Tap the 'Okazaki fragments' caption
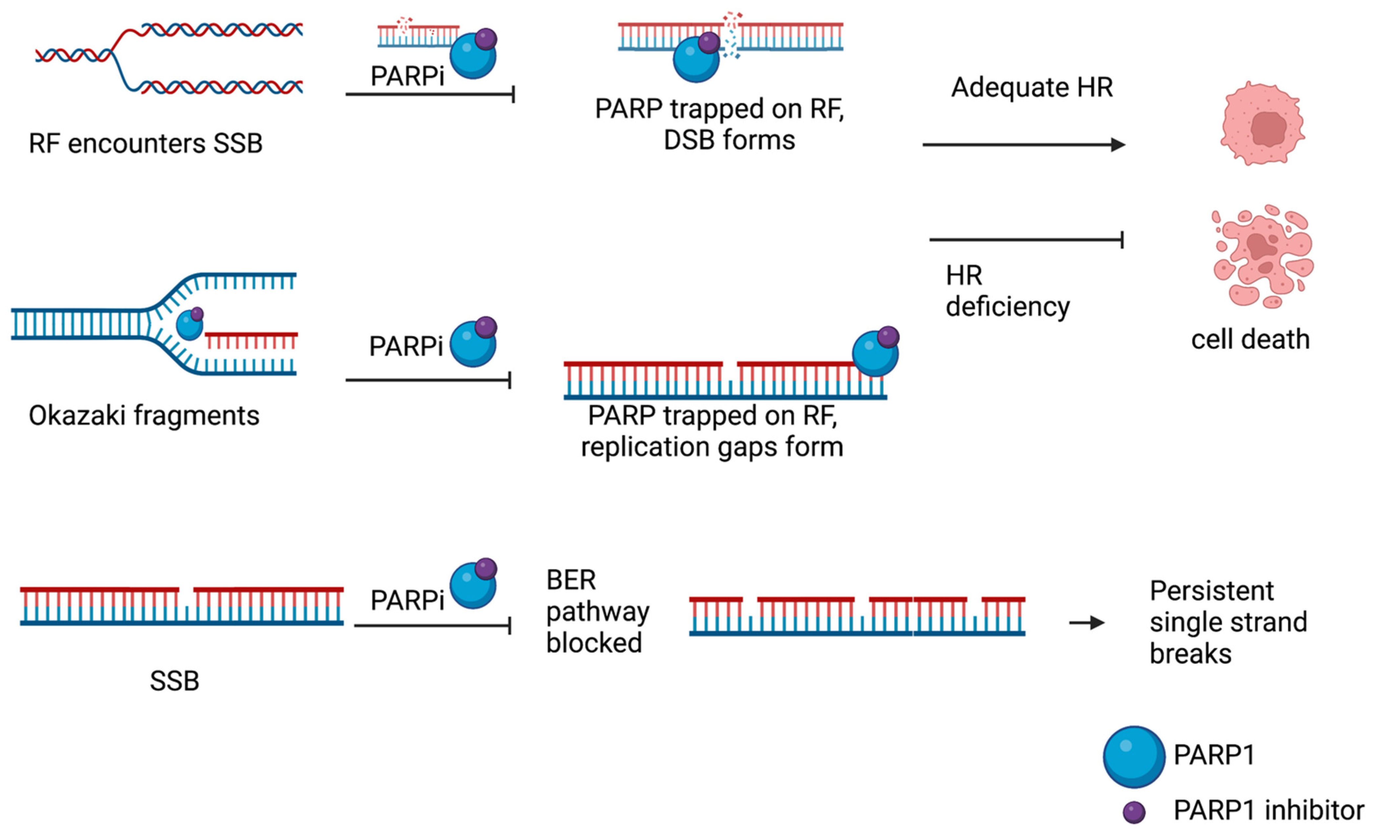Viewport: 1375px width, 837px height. point(144,416)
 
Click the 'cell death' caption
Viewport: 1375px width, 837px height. point(1250,339)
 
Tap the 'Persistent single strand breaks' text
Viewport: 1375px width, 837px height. point(1228,622)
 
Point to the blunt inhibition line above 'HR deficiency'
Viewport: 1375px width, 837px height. point(1026,240)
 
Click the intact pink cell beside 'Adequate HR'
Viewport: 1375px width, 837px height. point(1262,124)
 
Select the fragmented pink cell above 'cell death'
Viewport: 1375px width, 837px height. point(1262,257)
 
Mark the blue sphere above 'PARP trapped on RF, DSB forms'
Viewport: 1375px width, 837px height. point(695,59)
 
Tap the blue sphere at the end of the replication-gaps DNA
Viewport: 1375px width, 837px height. point(874,354)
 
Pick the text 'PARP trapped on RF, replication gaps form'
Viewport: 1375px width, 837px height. point(712,431)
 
